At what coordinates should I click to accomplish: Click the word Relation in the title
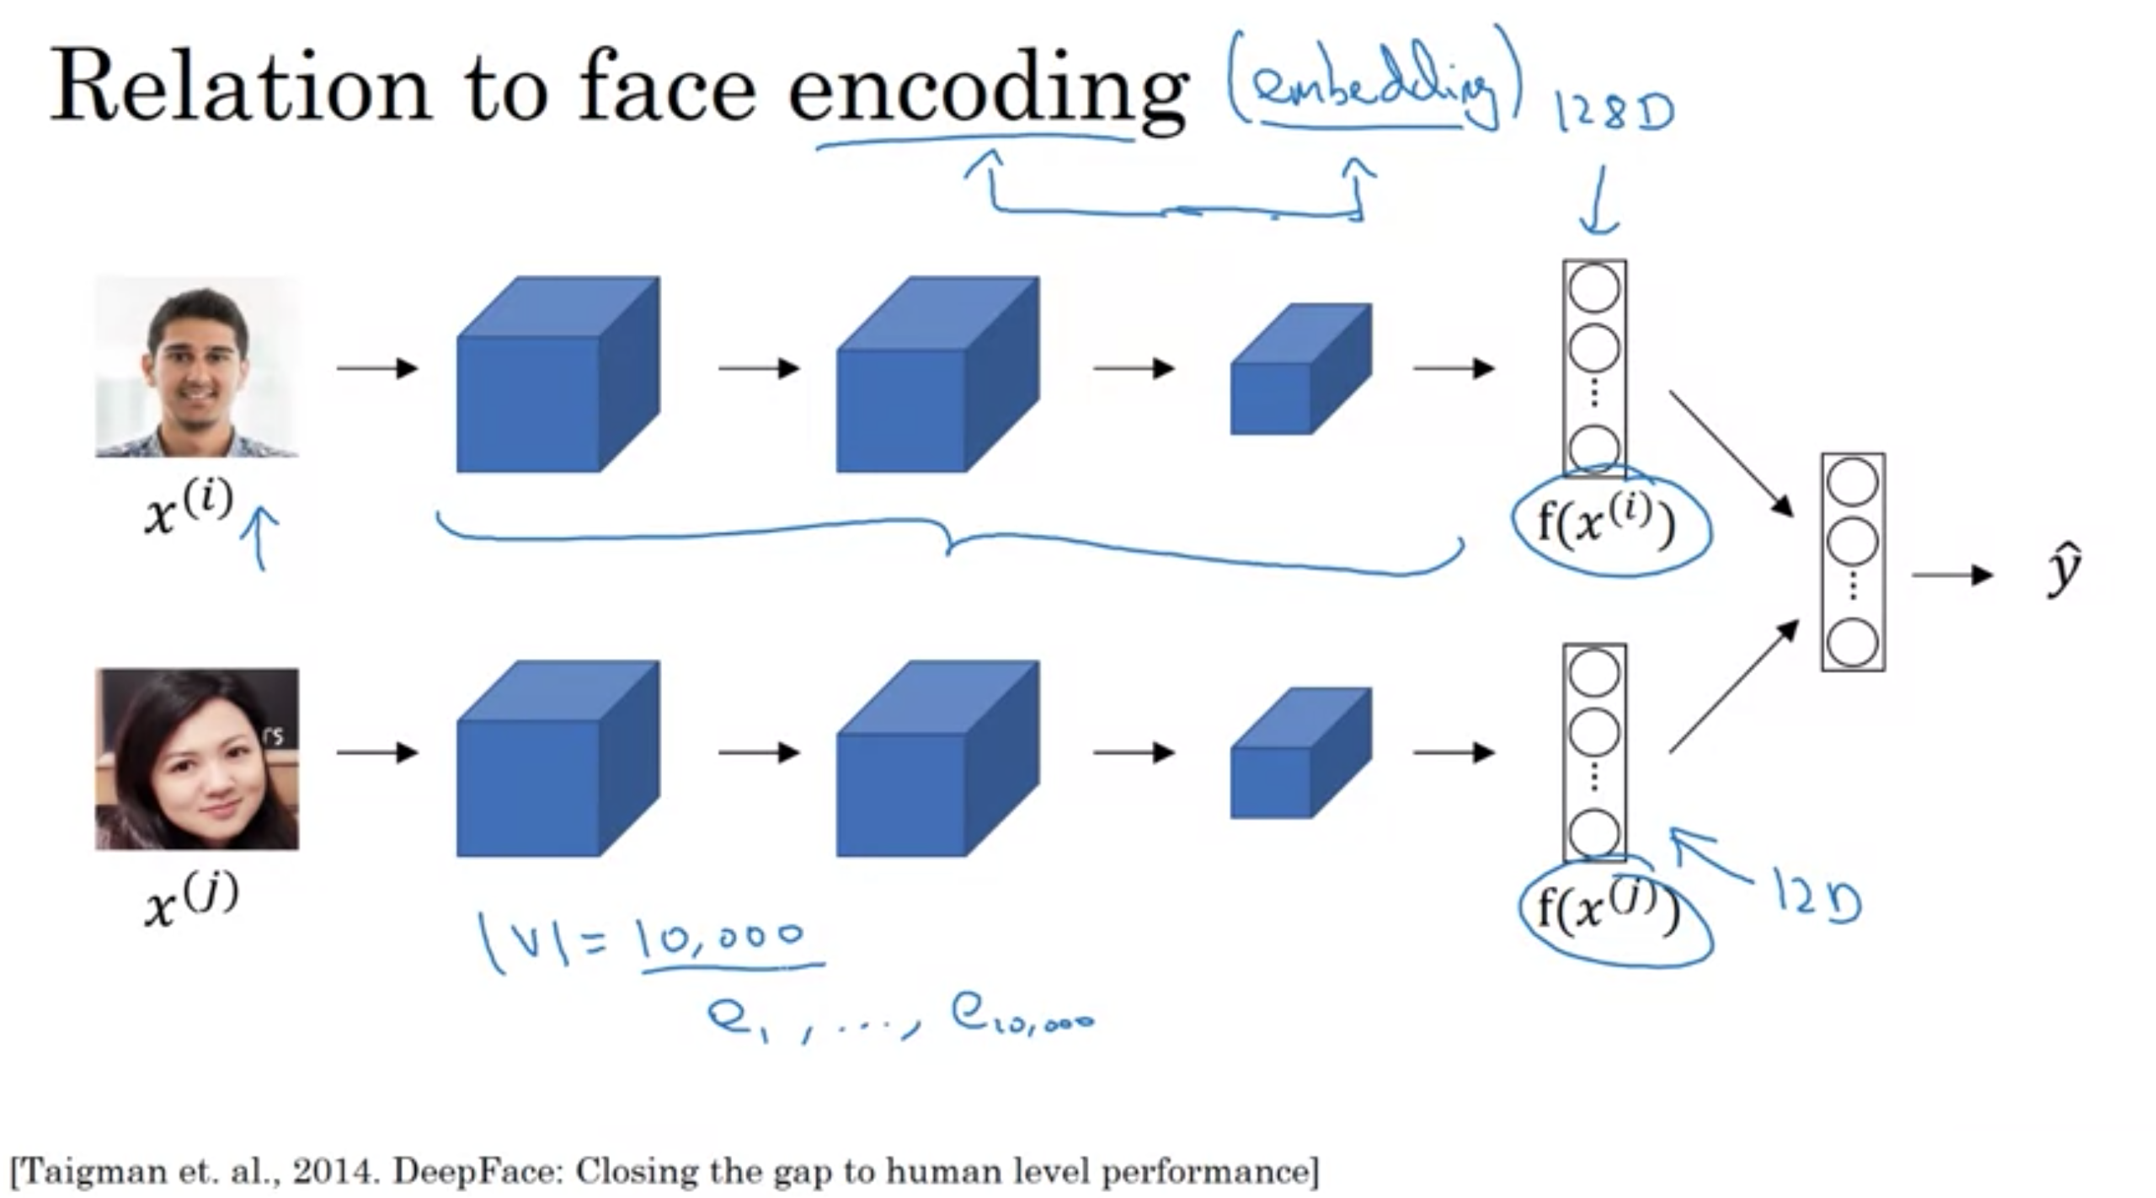coord(241,88)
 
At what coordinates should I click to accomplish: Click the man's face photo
coord(197,366)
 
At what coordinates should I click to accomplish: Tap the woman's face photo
coord(197,758)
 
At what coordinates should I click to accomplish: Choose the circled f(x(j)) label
coord(1609,910)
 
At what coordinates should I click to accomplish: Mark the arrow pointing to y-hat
coord(1952,575)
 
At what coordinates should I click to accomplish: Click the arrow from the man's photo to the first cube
coord(376,368)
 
